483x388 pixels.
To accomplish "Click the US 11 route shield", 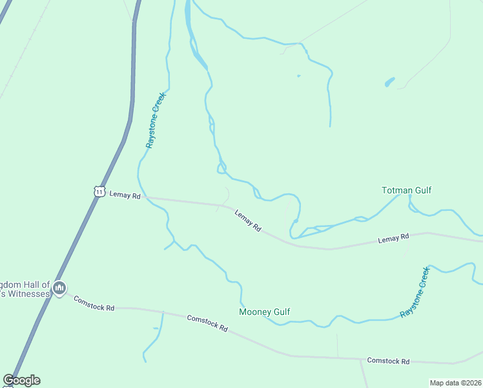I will pyautogui.click(x=98, y=191).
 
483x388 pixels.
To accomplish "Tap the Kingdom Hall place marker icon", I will pyautogui.click(x=59, y=288).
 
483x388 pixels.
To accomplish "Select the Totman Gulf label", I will pyautogui.click(x=406, y=190).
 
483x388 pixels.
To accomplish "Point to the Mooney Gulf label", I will pyautogui.click(x=264, y=312).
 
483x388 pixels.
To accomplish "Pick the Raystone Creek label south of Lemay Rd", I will pyautogui.click(x=415, y=292).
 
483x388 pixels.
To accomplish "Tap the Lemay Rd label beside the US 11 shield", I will pyautogui.click(x=125, y=194).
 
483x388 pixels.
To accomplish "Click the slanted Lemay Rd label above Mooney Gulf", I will pyautogui.click(x=247, y=220).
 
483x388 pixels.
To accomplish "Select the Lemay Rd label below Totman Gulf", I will pyautogui.click(x=393, y=239).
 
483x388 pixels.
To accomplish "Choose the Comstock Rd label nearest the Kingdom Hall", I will pyautogui.click(x=94, y=303).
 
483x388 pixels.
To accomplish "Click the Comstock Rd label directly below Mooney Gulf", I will pyautogui.click(x=207, y=323).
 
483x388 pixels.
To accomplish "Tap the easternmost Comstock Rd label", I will pyautogui.click(x=388, y=360).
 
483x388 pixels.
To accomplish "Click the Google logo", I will pyautogui.click(x=21, y=380).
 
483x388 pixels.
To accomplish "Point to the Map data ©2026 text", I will pyautogui.click(x=455, y=383).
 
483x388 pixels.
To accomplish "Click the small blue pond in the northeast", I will pyautogui.click(x=389, y=82).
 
